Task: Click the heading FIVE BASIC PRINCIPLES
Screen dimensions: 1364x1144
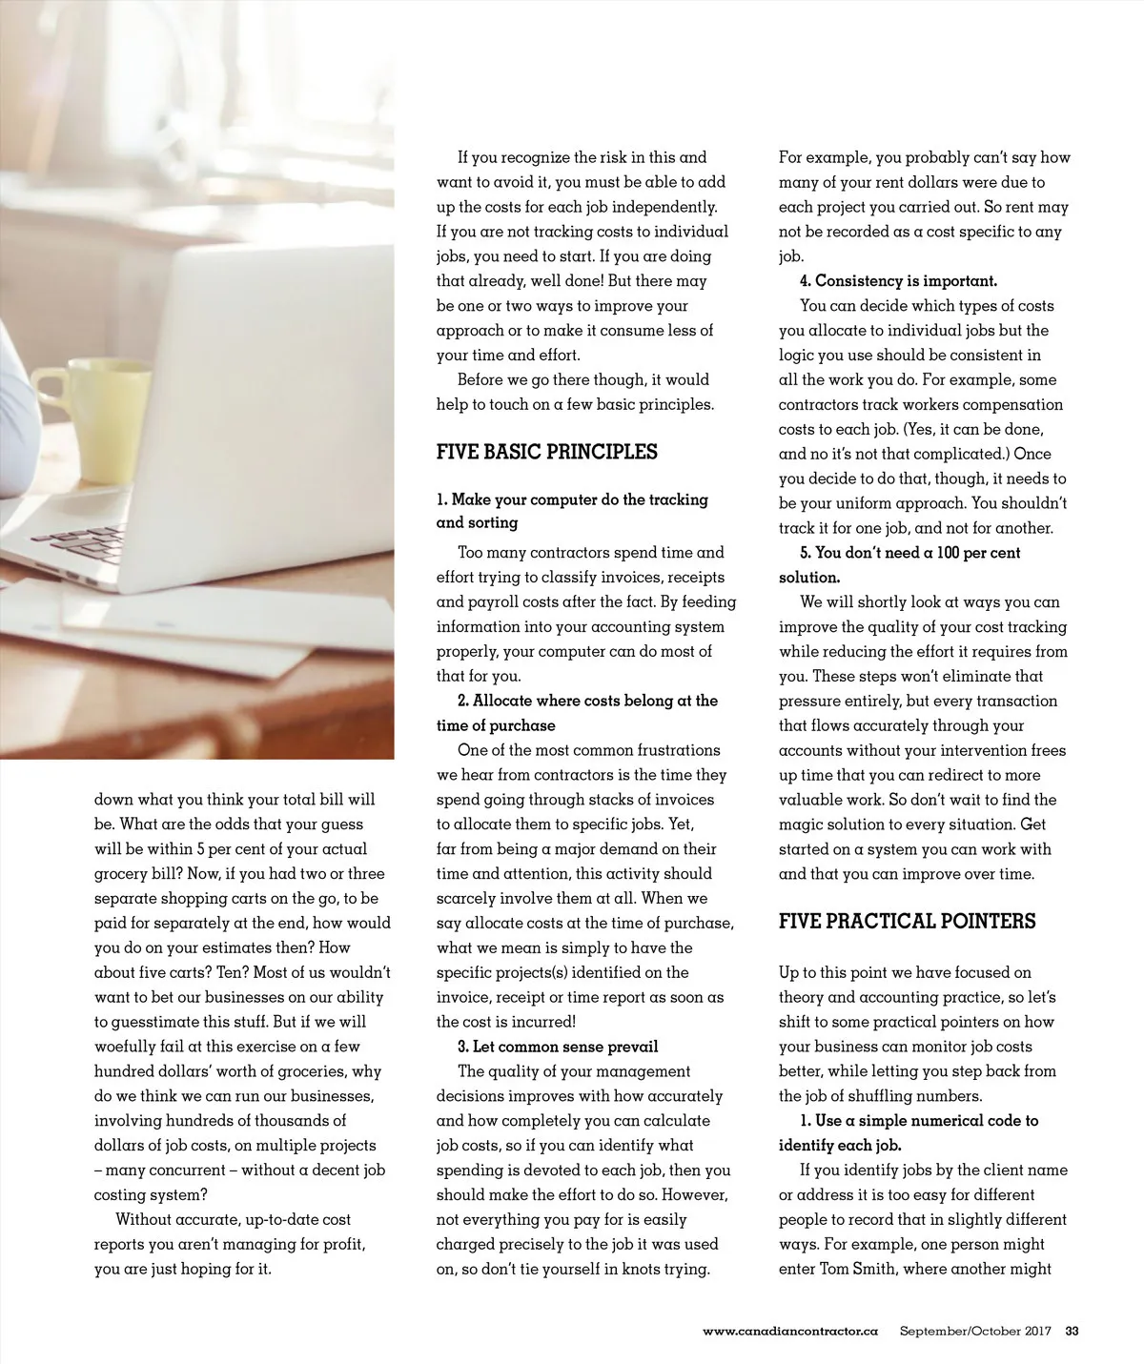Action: click(x=546, y=452)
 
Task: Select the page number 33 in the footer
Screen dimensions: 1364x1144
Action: click(x=1072, y=1331)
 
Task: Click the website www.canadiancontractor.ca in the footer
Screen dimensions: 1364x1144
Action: click(x=789, y=1331)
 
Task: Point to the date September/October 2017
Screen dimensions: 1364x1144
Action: click(x=974, y=1331)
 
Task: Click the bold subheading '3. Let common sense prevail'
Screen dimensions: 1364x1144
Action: click(x=558, y=1047)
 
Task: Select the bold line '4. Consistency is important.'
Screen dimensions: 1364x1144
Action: click(x=898, y=281)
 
